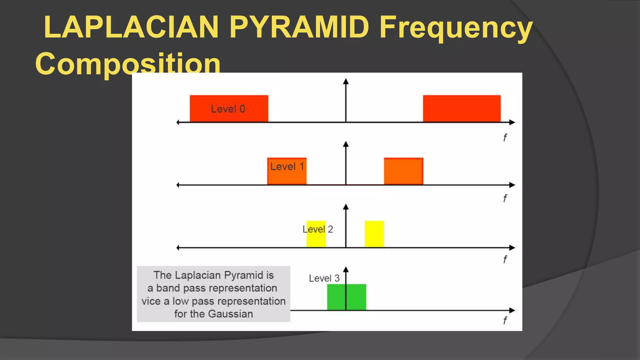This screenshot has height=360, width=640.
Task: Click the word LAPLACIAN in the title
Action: (x=131, y=27)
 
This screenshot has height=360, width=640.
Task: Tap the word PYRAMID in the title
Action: (x=299, y=27)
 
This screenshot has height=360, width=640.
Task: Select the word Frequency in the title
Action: (x=456, y=28)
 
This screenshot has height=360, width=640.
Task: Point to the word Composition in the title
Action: (x=128, y=64)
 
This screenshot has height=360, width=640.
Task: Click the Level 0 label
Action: (x=228, y=109)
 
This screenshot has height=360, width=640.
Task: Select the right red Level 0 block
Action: (x=462, y=108)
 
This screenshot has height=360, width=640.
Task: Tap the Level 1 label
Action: (x=287, y=167)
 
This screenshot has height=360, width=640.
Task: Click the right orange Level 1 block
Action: (x=403, y=171)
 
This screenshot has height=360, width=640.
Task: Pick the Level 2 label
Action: (x=317, y=229)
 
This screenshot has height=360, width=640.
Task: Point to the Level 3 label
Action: (x=324, y=278)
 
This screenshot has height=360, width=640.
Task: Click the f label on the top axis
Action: (x=505, y=137)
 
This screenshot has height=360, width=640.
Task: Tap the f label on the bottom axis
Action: (x=505, y=320)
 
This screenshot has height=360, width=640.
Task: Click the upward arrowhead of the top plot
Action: (x=346, y=82)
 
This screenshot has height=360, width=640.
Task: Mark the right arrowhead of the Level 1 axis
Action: (x=512, y=185)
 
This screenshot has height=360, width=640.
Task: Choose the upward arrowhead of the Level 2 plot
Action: (x=346, y=207)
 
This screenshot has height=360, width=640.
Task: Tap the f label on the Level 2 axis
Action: (x=505, y=259)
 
